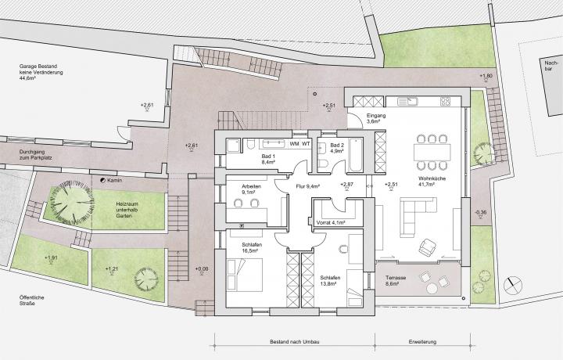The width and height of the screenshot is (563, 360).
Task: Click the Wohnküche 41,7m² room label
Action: tap(432, 181)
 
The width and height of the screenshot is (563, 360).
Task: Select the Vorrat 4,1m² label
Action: tap(331, 223)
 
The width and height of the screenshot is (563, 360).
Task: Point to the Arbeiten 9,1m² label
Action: tap(251, 189)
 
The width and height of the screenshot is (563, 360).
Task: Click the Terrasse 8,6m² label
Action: tap(396, 281)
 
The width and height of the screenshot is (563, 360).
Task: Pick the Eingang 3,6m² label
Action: tap(376, 118)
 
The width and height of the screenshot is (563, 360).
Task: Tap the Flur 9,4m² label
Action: tap(308, 186)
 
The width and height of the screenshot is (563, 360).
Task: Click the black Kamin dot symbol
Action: tap(102, 180)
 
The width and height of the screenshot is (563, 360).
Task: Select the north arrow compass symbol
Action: tap(513, 286)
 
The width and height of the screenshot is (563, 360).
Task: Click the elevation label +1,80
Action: tap(486, 76)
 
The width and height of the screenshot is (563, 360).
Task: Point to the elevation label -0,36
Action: tap(480, 212)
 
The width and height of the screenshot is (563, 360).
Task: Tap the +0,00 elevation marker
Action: tap(202, 269)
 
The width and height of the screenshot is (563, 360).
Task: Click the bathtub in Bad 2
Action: tap(356, 155)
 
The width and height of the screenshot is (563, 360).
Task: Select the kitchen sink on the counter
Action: tap(407, 101)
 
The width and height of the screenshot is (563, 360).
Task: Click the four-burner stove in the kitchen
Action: tap(445, 101)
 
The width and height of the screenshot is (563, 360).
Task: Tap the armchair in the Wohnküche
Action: tap(427, 247)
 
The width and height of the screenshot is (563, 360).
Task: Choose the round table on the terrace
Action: tap(432, 289)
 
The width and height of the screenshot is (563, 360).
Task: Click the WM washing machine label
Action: tap(294, 144)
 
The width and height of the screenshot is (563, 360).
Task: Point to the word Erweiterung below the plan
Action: tap(422, 342)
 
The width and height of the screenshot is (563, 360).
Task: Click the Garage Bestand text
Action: tap(38, 67)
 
